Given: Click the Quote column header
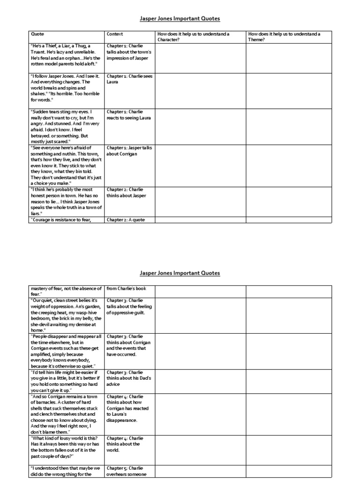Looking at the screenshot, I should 37,34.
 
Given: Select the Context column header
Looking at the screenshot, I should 115,34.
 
